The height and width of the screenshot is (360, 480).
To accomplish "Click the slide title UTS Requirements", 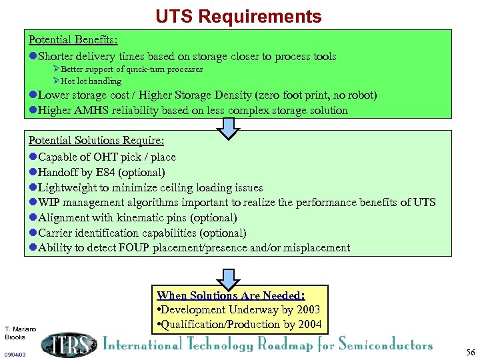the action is click(239, 16).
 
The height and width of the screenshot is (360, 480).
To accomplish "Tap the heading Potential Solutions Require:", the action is click(96, 141).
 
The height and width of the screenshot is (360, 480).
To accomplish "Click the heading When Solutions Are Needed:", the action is click(231, 295).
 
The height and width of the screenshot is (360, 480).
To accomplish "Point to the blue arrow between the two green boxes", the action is click(229, 127).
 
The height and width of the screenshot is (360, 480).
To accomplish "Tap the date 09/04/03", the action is click(15, 355).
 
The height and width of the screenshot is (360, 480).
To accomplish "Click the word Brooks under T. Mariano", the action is click(15, 337).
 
